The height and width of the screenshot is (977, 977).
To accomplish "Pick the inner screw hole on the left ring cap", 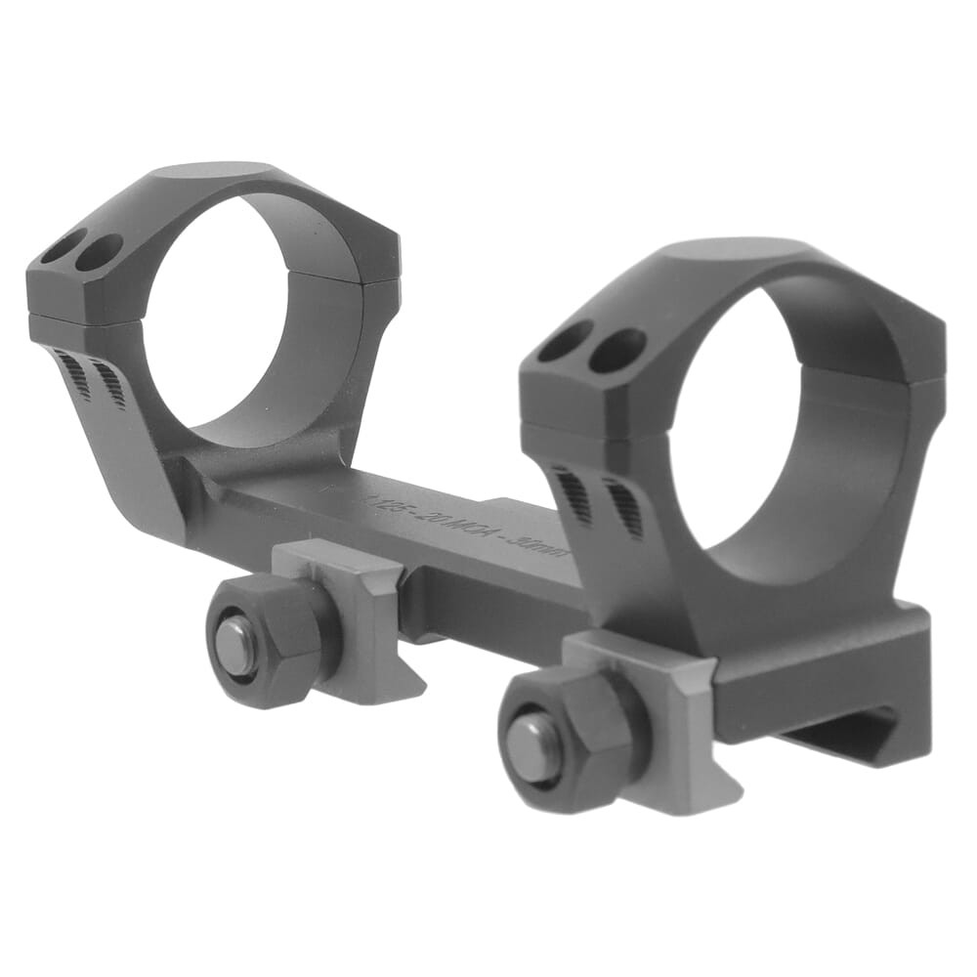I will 99,252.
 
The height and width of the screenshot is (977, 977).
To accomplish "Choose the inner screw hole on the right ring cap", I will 618,349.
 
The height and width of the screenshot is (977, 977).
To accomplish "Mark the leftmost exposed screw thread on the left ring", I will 73,375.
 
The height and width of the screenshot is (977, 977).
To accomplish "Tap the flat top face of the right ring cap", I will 743,252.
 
